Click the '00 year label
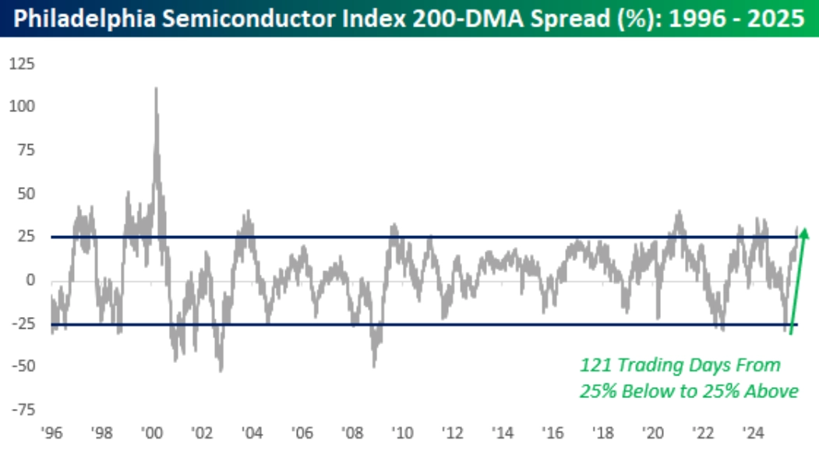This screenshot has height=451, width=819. coord(152,432)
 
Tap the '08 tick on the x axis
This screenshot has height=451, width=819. coord(351,432)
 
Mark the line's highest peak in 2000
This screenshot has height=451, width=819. coord(156,88)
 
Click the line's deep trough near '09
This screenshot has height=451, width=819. coord(375,366)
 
